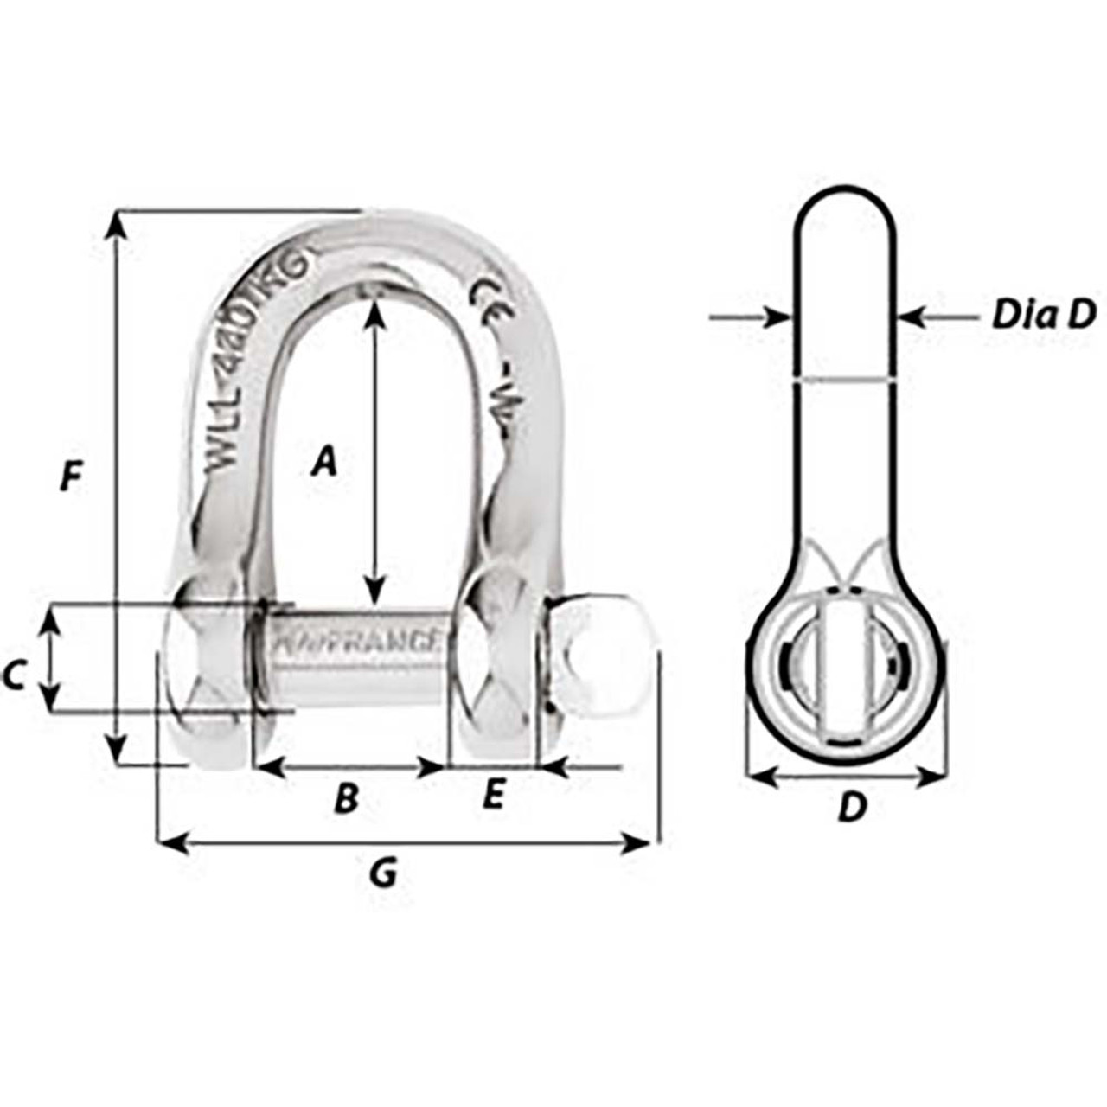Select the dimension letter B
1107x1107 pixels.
(x=345, y=799)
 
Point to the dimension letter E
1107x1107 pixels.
(x=491, y=795)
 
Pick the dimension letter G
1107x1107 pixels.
(x=381, y=874)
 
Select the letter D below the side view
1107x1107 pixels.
(x=852, y=809)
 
